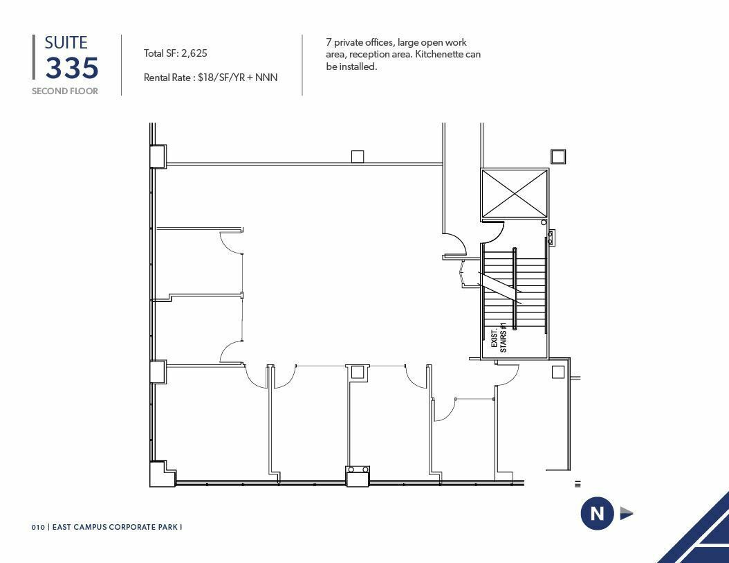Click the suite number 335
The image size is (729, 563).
(x=72, y=68)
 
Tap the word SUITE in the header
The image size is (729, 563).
(x=66, y=43)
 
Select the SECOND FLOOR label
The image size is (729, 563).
(x=64, y=91)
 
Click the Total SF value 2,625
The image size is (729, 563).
(x=194, y=53)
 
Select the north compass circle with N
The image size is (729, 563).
(x=597, y=513)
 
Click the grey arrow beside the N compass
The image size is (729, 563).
(x=626, y=514)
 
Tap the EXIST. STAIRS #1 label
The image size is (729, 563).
(x=499, y=338)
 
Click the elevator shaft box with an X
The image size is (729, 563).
(x=515, y=193)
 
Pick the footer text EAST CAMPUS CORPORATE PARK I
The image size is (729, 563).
(x=117, y=527)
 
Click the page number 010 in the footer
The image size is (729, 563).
(x=38, y=527)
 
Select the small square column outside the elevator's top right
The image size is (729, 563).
(x=558, y=157)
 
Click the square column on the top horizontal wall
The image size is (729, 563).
(x=358, y=157)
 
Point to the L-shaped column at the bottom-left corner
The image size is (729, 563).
(x=163, y=474)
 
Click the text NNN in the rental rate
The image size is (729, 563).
(x=266, y=78)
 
